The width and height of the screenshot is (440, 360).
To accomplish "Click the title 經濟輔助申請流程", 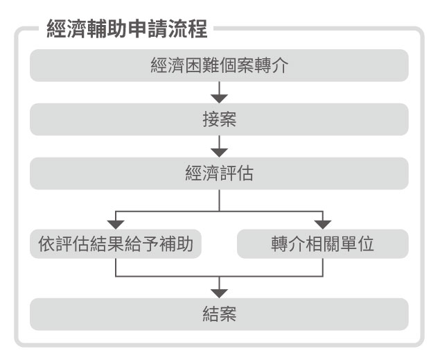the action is pos(127,28).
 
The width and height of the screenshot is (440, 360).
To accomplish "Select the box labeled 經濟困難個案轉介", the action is pos(219,65).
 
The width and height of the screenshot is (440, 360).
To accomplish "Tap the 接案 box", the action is pos(219,119).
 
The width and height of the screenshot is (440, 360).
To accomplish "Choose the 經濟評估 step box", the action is pos(219,173).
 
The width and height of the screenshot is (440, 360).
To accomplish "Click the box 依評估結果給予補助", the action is pos(116,243).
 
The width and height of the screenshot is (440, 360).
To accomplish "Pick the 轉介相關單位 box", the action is pos(323,243).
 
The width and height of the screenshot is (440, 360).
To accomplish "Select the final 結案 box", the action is pos(219,314).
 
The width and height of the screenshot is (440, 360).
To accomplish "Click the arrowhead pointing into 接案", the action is pos(219,99).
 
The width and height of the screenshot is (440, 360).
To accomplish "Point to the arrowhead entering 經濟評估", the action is pos(219,153).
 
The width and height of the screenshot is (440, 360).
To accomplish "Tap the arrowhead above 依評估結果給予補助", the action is pos(116,225).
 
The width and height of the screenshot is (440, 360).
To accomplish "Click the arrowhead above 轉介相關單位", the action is pos(323,225).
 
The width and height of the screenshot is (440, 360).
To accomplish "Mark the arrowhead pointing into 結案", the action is pos(219,293).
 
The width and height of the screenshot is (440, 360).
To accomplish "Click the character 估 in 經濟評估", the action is pos(245,173).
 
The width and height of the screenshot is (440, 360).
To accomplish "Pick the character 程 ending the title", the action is pos(198,28).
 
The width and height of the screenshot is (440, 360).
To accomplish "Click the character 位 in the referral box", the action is pos(365,243).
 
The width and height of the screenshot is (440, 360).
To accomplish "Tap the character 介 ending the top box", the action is pos(279,65).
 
